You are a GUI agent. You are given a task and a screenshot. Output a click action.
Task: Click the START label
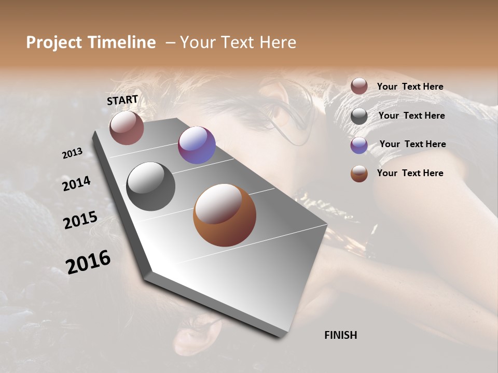tap(122, 100)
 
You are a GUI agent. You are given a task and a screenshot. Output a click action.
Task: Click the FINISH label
tap(340, 335)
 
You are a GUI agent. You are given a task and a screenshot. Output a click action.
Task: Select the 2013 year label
tap(72, 153)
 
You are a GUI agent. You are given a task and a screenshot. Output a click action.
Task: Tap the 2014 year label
tap(76, 183)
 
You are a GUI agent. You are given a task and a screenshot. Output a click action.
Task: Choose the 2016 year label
tap(88, 262)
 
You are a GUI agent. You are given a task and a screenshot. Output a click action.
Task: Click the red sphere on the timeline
tap(127, 127)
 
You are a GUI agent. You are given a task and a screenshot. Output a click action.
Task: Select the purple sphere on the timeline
tap(197, 145)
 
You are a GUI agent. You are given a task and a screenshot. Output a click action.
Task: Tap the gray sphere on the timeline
tap(150, 186)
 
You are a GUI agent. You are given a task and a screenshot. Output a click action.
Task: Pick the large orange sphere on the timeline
tap(225, 215)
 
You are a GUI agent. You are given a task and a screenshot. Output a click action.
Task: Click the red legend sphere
tap(359, 86)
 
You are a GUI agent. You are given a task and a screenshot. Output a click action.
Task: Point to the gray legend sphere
tap(359, 116)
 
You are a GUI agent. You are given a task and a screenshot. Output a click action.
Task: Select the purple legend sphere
tap(359, 145)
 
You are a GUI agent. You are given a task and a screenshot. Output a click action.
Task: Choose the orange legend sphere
tap(359, 174)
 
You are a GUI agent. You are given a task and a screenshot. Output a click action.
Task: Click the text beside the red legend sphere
tap(410, 87)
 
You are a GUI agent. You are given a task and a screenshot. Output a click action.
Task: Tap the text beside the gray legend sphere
tap(411, 116)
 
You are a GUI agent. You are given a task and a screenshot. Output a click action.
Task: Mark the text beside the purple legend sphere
tap(412, 144)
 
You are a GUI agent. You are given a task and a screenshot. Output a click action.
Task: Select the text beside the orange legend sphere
tap(410, 173)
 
